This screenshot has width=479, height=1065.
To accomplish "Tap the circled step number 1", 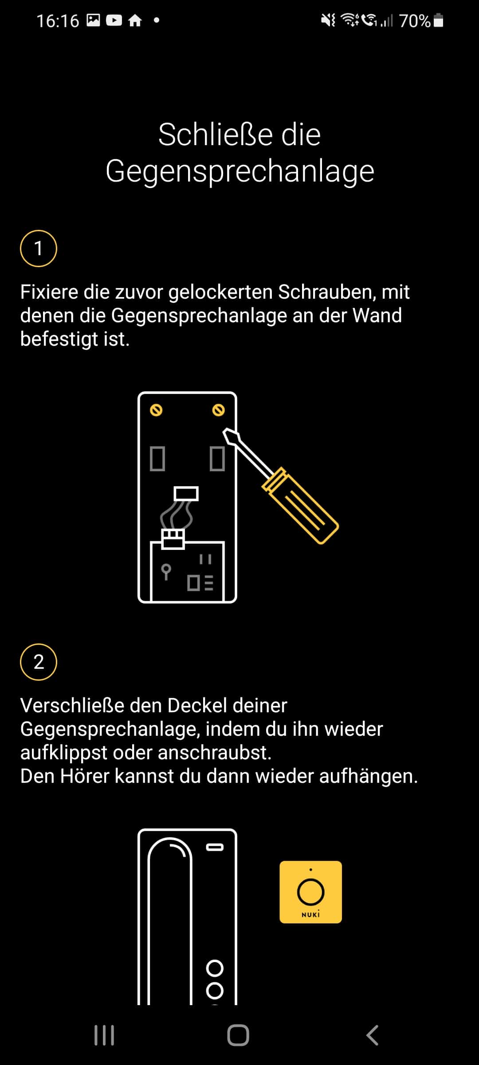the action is pos(39,248).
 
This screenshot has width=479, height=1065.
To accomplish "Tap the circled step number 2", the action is pos(39,662).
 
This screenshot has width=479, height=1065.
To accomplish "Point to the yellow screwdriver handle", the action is pos(300,505).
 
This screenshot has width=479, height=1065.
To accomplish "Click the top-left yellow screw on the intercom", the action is pos(156,410).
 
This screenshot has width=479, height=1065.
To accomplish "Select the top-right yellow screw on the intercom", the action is pos(218,410).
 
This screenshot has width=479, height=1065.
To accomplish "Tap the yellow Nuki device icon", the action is pos(310,892).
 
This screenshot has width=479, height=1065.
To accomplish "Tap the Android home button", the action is pos(238,1035).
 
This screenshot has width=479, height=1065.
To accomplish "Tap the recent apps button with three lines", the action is pos(104,1035).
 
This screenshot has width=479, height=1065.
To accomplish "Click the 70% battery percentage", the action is pos(415,21).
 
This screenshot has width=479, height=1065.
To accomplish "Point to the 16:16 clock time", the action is pos(58,21).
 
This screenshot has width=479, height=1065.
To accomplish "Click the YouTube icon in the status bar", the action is pos(114,20).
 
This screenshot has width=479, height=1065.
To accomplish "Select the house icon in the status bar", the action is pos(135,20).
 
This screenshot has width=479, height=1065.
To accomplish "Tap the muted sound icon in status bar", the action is pos(329,20).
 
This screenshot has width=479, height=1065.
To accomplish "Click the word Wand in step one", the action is pos(377,316).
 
